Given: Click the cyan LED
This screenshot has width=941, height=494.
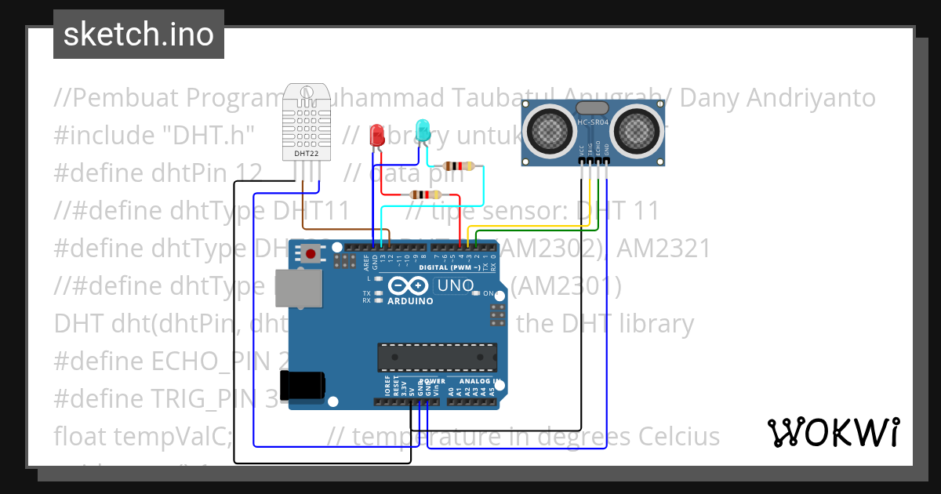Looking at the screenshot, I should click(423, 130).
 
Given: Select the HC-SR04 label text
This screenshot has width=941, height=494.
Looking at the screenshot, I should click(594, 122).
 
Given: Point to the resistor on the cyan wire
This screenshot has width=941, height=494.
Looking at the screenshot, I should click(459, 165).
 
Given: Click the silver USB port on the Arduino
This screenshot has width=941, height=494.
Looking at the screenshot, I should click(300, 289).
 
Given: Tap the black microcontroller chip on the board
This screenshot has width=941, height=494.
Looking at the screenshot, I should click(437, 357).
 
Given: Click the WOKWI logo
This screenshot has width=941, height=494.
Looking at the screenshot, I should click(833, 432).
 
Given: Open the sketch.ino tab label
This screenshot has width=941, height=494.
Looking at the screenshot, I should click(139, 35).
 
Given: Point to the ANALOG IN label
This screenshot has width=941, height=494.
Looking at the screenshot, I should click(476, 382).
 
